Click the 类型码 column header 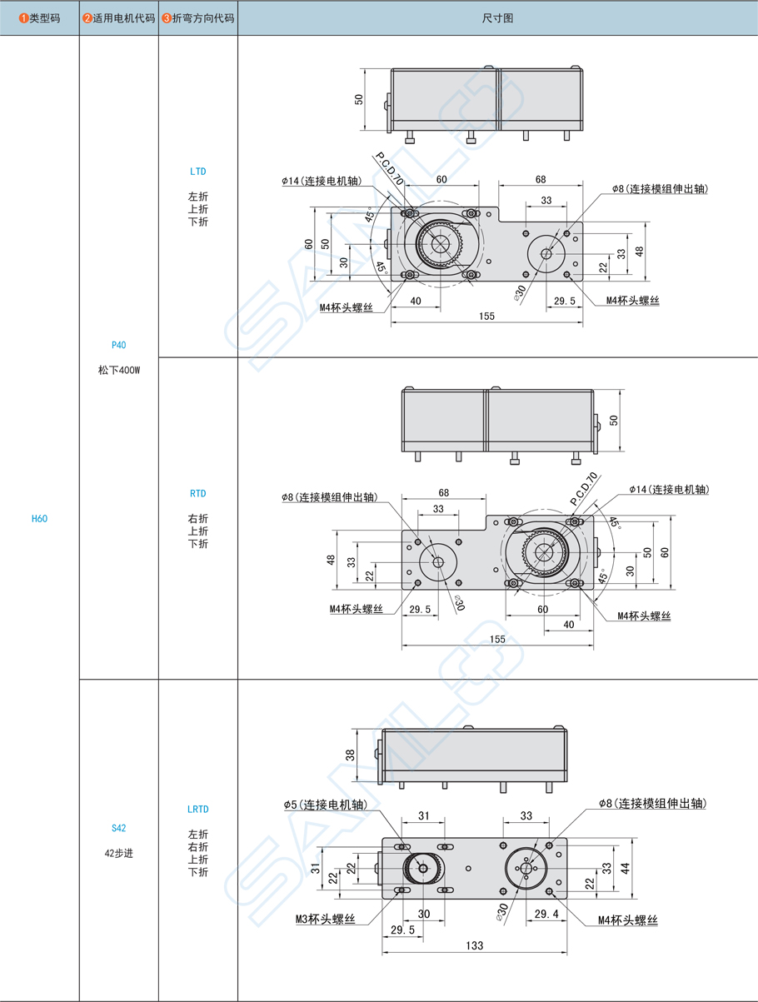pyautogui.click(x=40, y=17)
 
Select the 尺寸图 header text pyautogui.click(x=497, y=17)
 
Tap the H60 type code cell pyautogui.click(x=39, y=518)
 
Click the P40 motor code pyautogui.click(x=118, y=345)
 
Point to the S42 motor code pyautogui.click(x=118, y=828)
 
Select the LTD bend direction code pyautogui.click(x=197, y=172)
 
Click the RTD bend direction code pyautogui.click(x=197, y=493)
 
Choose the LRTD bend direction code pyautogui.click(x=197, y=809)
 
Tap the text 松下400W pyautogui.click(x=118, y=370)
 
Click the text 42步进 pyautogui.click(x=118, y=853)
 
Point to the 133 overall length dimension pyautogui.click(x=474, y=945)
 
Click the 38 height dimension pyautogui.click(x=351, y=755)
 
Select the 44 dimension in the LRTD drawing pyautogui.click(x=625, y=867)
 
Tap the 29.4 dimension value pyautogui.click(x=546, y=914)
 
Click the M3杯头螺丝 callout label pyautogui.click(x=325, y=920)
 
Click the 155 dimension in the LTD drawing pyautogui.click(x=486, y=316)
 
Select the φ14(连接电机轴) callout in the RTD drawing pyautogui.click(x=669, y=489)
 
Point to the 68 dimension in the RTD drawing pyautogui.click(x=444, y=492)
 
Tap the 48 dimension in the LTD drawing pyautogui.click(x=640, y=251)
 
